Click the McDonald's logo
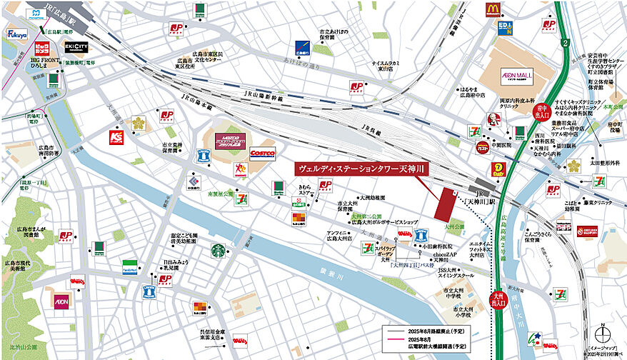click(492, 9)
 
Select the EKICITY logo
click(76, 47)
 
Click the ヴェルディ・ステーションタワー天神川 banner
click(361, 169)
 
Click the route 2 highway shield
click(565, 44)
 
